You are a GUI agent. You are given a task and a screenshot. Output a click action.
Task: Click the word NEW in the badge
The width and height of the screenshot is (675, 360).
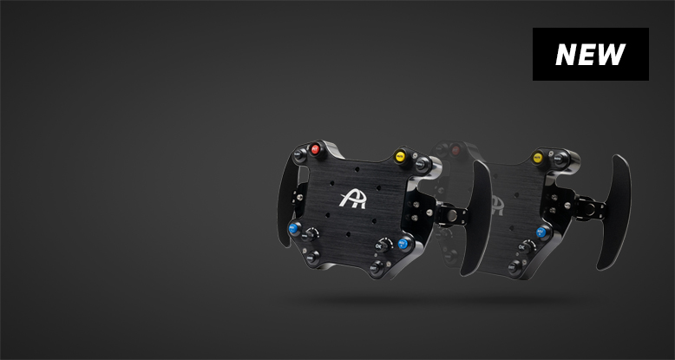[590, 55]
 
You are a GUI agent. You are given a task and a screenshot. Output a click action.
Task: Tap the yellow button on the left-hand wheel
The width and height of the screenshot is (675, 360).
[400, 156]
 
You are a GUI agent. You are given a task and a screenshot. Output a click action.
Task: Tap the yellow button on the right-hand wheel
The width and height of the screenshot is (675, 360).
[537, 158]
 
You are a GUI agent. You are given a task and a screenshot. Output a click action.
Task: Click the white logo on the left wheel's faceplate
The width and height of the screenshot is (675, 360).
[353, 200]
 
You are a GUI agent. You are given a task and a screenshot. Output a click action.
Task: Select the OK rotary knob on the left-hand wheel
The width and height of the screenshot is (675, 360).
[382, 245]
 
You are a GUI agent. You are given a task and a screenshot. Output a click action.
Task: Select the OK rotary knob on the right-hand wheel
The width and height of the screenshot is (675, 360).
[524, 247]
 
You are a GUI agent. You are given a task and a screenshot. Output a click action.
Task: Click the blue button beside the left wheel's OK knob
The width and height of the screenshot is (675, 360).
[403, 244]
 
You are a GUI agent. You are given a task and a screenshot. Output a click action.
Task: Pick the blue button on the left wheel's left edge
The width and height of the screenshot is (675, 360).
[294, 228]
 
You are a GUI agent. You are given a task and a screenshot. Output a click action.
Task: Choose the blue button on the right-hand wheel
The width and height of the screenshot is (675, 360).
[541, 232]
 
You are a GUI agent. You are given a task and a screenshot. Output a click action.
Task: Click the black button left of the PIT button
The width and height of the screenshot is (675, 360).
[299, 154]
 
